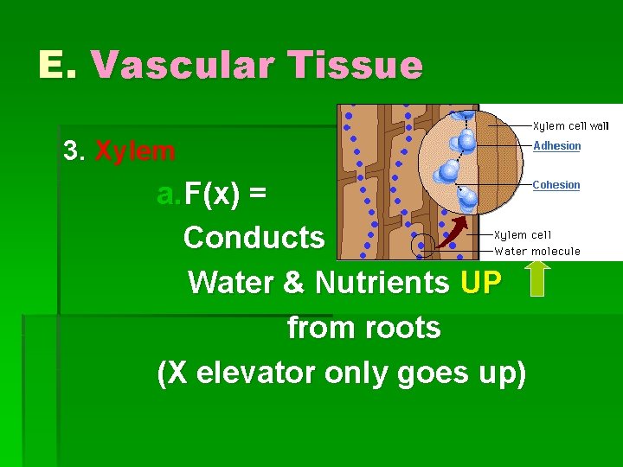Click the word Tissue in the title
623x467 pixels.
[357, 66]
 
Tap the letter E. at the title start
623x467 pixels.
[58, 66]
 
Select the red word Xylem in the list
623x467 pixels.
[136, 152]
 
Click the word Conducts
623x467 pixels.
[254, 237]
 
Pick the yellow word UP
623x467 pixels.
[481, 282]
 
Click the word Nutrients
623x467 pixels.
[382, 282]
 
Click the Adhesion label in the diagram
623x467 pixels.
[556, 145]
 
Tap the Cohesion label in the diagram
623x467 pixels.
[556, 184]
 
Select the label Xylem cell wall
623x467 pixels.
[570, 125]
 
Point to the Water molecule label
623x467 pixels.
[536, 252]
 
